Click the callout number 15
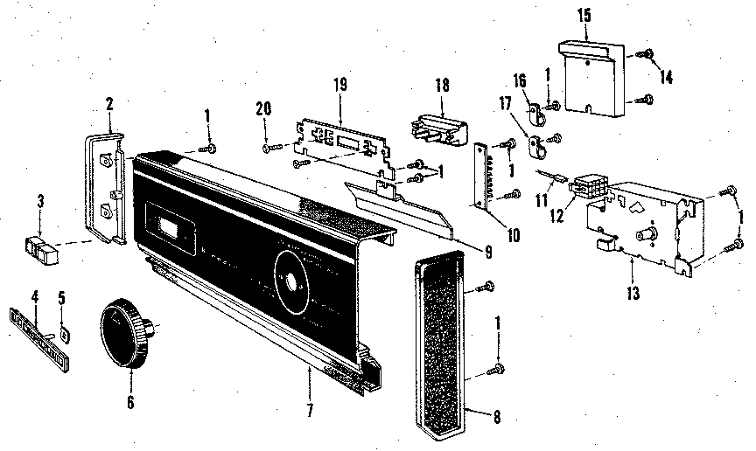tap(584, 15)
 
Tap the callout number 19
tap(339, 84)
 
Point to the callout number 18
tap(442, 84)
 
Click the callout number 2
tap(110, 104)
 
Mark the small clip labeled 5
tap(64, 333)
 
